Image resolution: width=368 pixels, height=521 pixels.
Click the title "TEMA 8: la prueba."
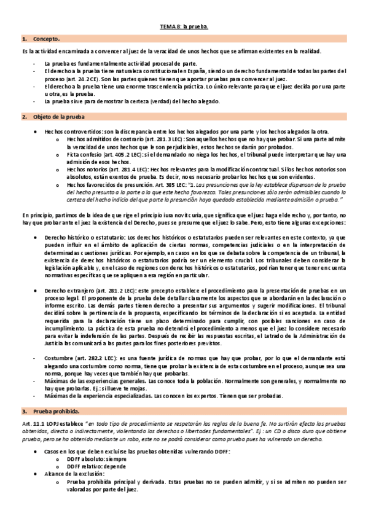point(184,27)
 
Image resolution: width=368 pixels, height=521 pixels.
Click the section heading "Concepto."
point(45,39)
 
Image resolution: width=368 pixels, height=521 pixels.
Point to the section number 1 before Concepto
point(24,39)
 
